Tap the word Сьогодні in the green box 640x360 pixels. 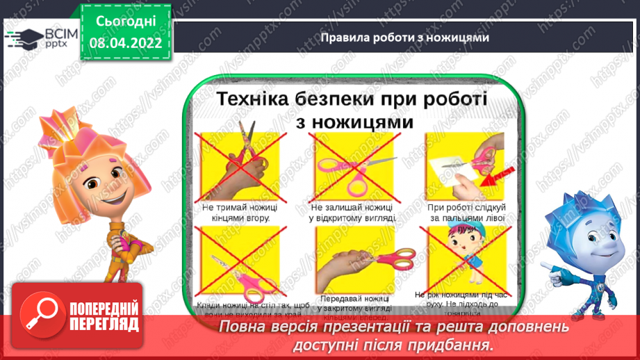124,22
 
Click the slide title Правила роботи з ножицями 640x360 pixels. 405,38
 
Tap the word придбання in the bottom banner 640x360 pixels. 460,345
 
